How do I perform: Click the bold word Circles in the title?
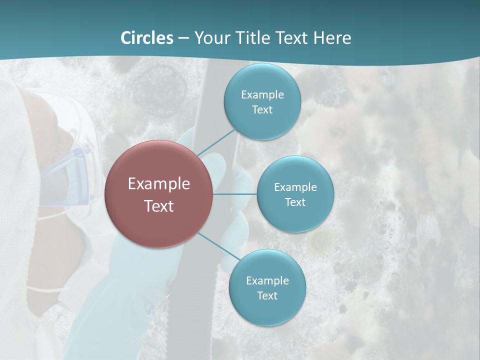(x=146, y=37)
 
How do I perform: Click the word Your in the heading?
(x=211, y=37)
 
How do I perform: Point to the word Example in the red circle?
(x=159, y=184)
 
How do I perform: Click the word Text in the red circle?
(x=159, y=206)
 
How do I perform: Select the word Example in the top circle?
(x=262, y=94)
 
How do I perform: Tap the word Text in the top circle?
(x=262, y=109)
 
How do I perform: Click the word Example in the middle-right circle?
(x=295, y=187)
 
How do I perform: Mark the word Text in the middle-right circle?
(x=295, y=202)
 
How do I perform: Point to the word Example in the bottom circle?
(x=267, y=280)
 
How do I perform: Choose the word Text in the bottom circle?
(x=267, y=295)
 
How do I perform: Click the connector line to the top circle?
(x=216, y=142)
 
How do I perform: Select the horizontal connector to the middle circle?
(x=235, y=194)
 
